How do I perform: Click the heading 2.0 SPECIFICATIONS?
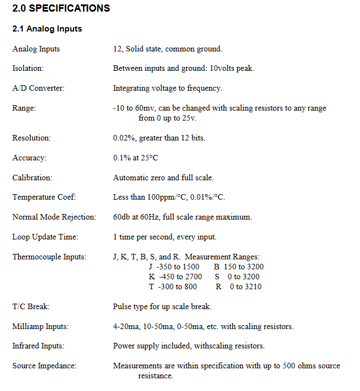tap(61, 8)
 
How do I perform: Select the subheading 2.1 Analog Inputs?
tap(47, 29)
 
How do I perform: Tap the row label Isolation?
tap(28, 69)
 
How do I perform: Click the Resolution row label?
tap(32, 138)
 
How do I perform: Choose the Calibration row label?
tap(32, 178)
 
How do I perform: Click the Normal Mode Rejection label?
tap(54, 217)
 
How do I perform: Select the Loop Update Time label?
tap(45, 237)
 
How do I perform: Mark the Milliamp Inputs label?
tap(40, 326)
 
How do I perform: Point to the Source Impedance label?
tap(44, 366)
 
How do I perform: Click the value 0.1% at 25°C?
tap(135, 158)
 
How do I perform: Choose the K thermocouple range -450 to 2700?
tap(178, 277)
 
